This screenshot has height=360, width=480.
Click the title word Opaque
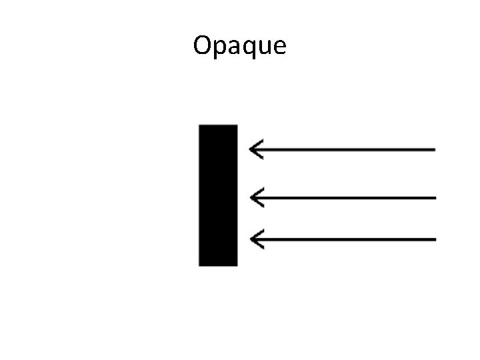coord(239,46)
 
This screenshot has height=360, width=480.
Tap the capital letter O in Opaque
coord(202,45)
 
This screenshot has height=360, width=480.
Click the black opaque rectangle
coord(218,195)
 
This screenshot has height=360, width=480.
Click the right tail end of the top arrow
coord(434,149)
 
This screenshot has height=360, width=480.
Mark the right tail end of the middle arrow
coord(434,197)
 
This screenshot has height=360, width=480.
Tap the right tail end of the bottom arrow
coord(434,239)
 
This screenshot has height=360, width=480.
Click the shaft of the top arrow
coord(347,149)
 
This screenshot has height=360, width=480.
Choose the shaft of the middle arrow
coord(347,197)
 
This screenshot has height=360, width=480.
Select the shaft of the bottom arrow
coord(347,239)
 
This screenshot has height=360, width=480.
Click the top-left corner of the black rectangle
coord(199,125)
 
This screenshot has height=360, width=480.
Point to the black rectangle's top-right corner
coord(237,125)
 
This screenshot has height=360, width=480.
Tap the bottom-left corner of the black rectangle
coord(199,265)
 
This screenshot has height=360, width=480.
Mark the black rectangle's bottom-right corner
coord(237,265)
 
